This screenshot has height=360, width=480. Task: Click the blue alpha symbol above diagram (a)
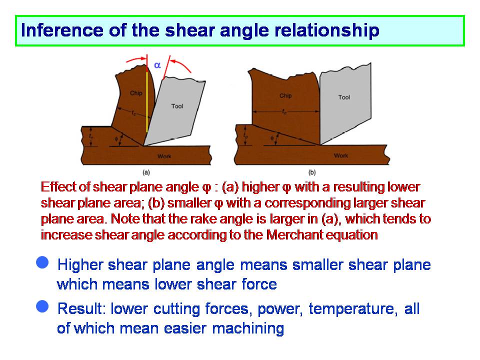[157, 65]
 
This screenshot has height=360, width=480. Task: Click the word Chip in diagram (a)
[136, 93]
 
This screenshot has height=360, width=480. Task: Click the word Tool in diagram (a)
[177, 106]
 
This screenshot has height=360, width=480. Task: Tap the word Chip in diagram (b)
[285, 95]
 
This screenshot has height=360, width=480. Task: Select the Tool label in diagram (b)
[344, 97]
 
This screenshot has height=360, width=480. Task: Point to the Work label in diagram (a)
[164, 156]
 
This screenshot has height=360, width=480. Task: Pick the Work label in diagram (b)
[340, 155]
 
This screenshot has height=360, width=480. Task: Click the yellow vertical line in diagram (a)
[146, 102]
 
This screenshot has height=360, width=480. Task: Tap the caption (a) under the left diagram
[146, 172]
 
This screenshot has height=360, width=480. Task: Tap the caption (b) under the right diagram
[311, 172]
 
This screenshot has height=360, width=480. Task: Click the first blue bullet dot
[42, 262]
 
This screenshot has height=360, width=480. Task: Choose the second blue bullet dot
[42, 306]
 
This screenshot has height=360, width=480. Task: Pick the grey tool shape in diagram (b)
[345, 103]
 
